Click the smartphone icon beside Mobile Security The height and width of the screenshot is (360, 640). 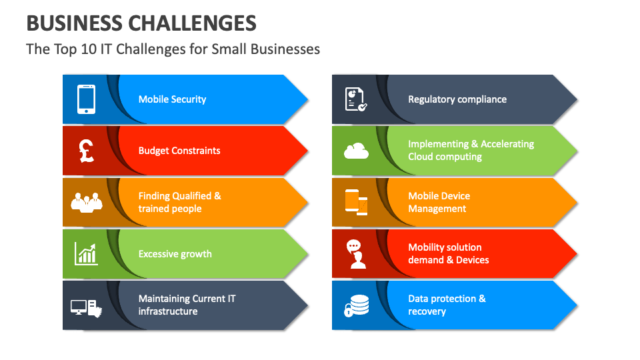click(x=86, y=99)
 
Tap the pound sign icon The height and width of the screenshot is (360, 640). click(x=86, y=151)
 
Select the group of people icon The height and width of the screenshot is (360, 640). click(x=86, y=201)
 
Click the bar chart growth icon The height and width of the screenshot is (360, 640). click(x=86, y=253)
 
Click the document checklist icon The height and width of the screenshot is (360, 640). click(x=355, y=99)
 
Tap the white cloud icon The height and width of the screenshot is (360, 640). click(x=356, y=151)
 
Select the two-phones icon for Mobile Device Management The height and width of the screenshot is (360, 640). click(x=356, y=202)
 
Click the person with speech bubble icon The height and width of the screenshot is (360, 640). click(x=356, y=254)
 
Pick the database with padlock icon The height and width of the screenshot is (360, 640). click(x=356, y=306)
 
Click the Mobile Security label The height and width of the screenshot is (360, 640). click(x=172, y=99)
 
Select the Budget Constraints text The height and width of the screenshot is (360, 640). click(x=179, y=151)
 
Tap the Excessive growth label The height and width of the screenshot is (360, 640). click(x=175, y=254)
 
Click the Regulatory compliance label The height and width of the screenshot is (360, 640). click(x=457, y=99)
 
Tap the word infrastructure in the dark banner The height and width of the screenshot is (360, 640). click(x=168, y=311)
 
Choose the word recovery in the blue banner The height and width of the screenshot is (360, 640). click(x=427, y=311)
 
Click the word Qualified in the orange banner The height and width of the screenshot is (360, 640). click(x=192, y=196)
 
